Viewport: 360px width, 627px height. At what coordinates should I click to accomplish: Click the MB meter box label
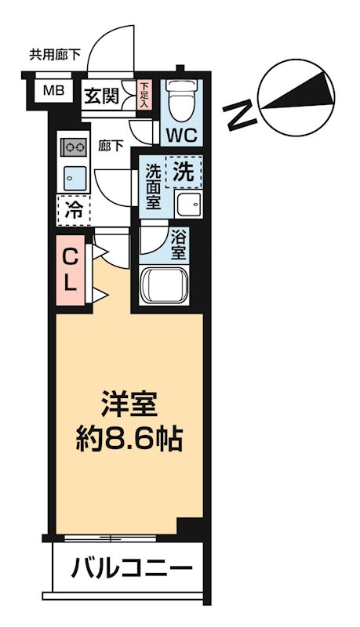[53, 90]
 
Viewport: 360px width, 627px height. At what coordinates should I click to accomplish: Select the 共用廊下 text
[55, 55]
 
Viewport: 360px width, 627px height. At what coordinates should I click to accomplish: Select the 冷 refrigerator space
[74, 209]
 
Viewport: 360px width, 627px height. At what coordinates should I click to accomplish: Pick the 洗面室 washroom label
[152, 185]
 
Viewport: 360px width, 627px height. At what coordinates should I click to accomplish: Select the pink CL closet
[71, 269]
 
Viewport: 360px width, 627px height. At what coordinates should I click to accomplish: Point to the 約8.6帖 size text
[130, 437]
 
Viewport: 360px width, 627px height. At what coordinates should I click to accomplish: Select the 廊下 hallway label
[109, 144]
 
